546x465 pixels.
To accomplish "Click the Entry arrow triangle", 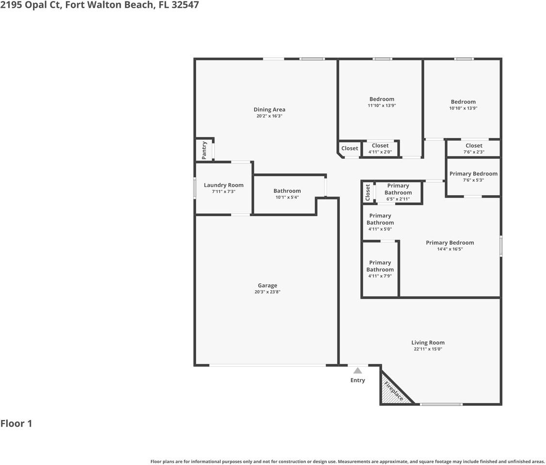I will pos(357,371).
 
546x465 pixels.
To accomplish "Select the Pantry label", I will pos(204,150).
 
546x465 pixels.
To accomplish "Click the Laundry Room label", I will pos(224,185).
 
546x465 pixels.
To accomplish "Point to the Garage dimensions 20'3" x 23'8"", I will pos(267,292).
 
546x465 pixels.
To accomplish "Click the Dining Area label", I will pos(269,109).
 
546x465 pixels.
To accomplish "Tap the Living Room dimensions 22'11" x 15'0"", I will pos(428,349).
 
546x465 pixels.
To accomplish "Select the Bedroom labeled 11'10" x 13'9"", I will pos(382,99).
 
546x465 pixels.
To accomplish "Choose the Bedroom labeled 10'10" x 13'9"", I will pos(463,102).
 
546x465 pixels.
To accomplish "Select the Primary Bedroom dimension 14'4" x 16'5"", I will pos(450,249).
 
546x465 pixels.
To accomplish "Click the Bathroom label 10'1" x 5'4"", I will pos(287,191).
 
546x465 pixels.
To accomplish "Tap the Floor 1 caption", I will pos(16,423).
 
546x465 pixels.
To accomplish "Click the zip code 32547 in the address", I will pos(185,5).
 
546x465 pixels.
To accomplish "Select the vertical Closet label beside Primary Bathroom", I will pos(368,192).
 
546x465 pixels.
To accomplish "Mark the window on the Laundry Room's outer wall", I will pos(195,188).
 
